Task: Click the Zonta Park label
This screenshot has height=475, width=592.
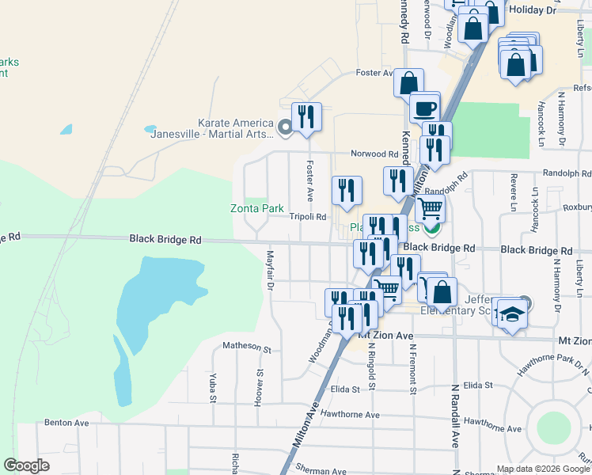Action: coord(256,209)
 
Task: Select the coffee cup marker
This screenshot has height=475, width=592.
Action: coord(425,108)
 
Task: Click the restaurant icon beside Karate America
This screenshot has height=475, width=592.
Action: coord(306,117)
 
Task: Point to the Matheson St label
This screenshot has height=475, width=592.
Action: coord(247,347)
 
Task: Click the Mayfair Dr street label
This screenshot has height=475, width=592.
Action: coord(270,270)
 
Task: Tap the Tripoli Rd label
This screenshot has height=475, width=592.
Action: coord(308,216)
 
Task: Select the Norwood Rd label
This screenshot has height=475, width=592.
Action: coord(376,154)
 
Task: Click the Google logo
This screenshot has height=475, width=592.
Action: coord(26,465)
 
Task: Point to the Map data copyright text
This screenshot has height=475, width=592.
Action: coord(543,469)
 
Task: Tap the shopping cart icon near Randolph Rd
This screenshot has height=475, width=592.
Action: coord(430,209)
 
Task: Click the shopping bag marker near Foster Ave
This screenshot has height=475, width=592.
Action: coord(408,84)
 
